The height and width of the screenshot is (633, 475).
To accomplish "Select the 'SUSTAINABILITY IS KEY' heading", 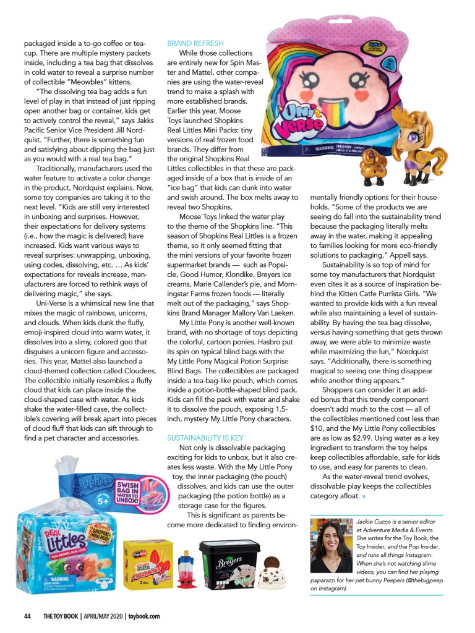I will click(205, 438).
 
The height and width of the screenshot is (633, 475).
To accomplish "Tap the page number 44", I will click(28, 616).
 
